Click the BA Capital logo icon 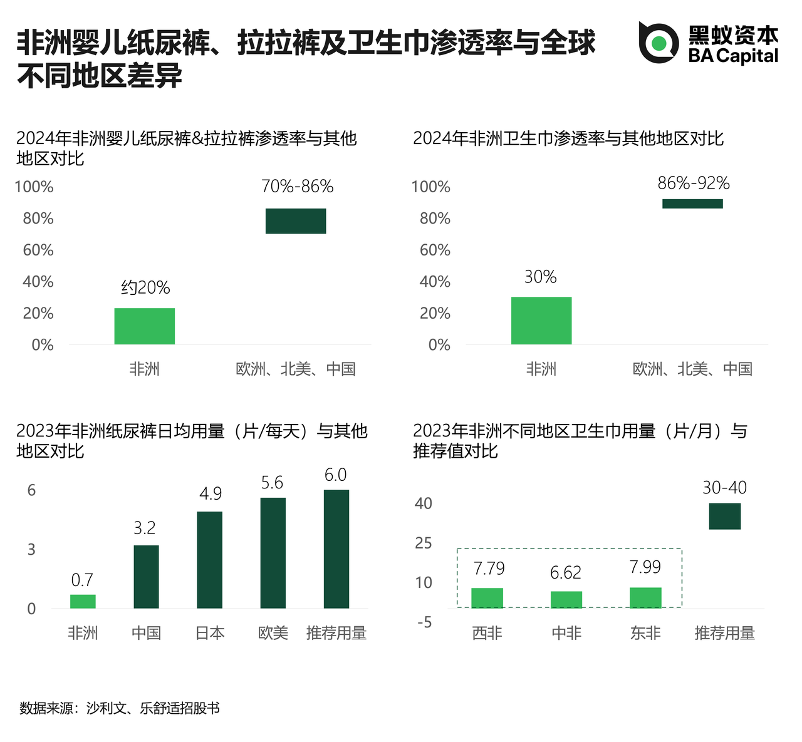coord(659,43)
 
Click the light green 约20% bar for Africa coord(144,326)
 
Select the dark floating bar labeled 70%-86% coord(296,221)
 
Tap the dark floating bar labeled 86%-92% coord(692,204)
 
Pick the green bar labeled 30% coord(541,321)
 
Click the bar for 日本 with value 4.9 coord(210,560)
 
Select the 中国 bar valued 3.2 coord(146,577)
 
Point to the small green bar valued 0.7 coord(83,601)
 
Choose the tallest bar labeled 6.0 coord(336,549)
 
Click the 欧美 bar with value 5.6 coord(273,553)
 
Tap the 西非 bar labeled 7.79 coord(487,598)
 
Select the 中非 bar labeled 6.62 coord(566,599)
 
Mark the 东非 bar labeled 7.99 coord(645,598)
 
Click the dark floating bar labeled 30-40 coord(725,516)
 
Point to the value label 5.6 coord(272,483)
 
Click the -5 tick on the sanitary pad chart coord(424,622)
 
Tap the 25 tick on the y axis coord(424,543)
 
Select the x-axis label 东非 coord(645,634)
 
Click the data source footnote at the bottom coord(120,708)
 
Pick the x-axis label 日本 coord(210,634)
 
